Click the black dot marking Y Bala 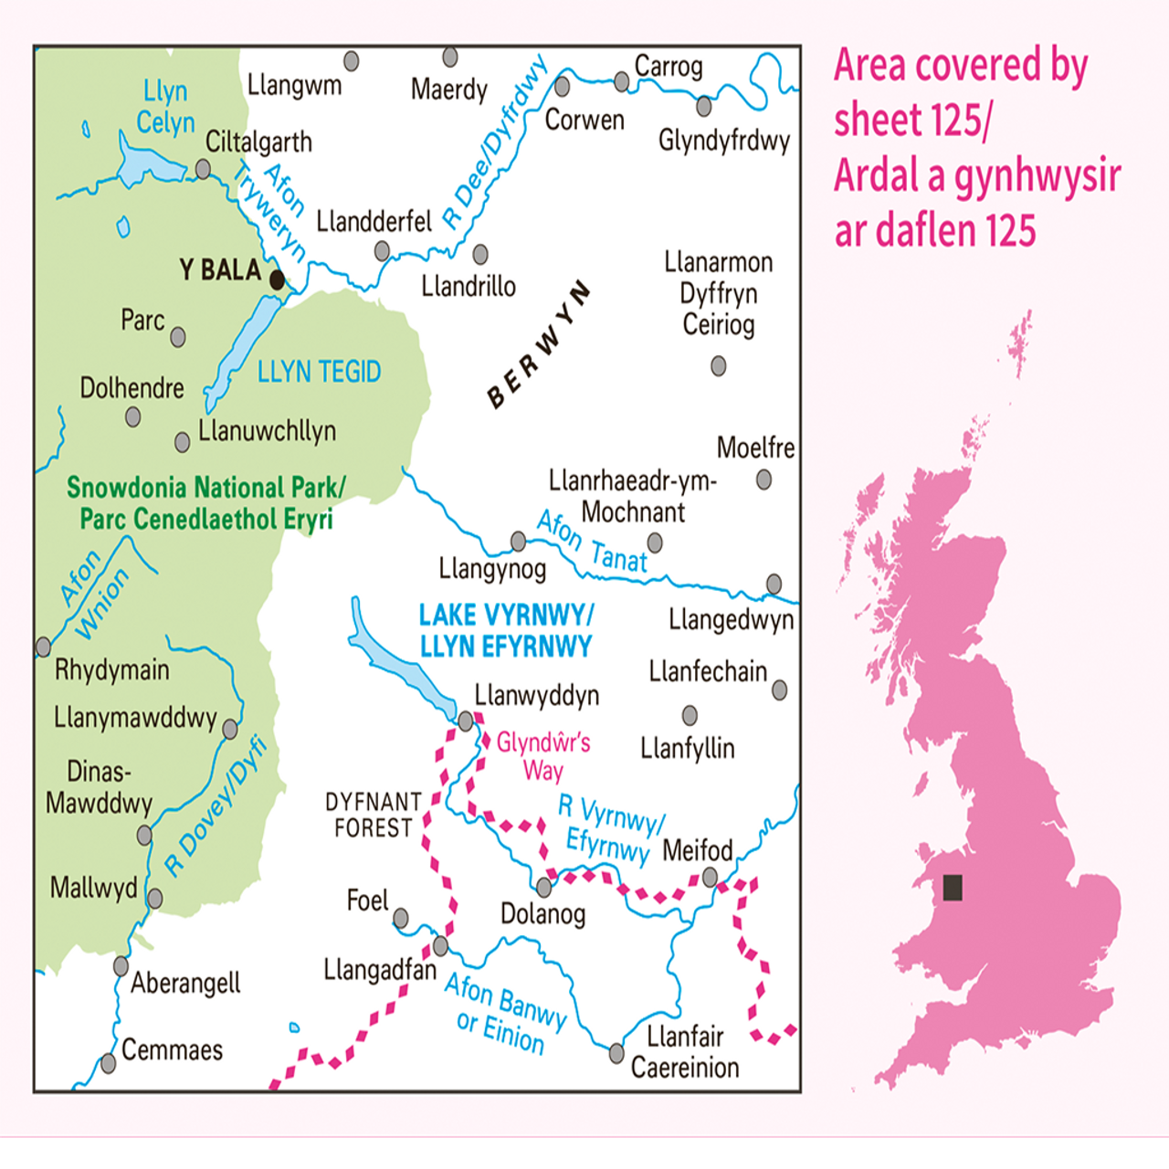tap(277, 279)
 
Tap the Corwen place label tap(584, 120)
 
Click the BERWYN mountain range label tap(539, 345)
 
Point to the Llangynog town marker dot tap(518, 542)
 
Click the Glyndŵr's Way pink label tap(543, 755)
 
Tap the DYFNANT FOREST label tap(373, 815)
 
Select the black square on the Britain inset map tap(953, 887)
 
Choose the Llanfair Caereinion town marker tap(616, 1054)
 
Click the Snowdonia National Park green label tap(205, 503)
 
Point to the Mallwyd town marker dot tap(154, 899)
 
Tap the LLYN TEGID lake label tap(319, 372)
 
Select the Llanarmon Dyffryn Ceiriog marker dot tap(719, 366)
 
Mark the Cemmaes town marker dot tap(109, 1063)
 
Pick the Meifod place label tap(697, 850)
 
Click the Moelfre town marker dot tap(764, 479)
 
